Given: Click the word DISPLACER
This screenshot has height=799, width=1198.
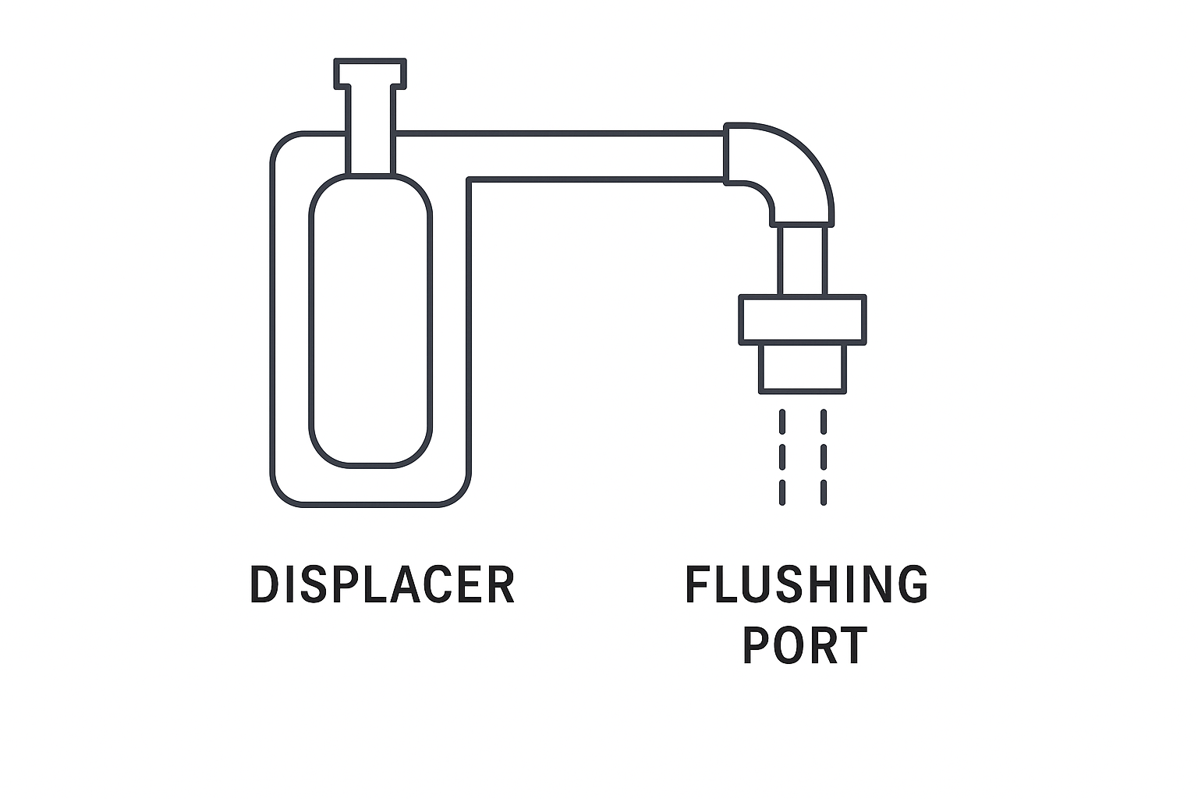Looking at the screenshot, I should click(382, 584).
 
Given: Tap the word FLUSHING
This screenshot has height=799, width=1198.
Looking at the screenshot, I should click(806, 584).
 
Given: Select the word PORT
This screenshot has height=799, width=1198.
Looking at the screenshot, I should click(805, 645).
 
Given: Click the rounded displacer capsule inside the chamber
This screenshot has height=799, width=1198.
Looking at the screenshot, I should click(370, 321).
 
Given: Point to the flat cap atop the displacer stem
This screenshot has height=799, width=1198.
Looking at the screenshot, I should click(370, 73).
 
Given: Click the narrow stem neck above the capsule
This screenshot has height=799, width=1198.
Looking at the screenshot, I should click(370, 130).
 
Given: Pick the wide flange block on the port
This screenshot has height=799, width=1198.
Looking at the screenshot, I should click(803, 319).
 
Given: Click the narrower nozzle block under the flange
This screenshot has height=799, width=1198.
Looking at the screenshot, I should click(803, 368).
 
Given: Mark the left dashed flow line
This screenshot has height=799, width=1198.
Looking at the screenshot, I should click(782, 457).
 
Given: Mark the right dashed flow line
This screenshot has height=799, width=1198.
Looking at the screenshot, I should click(824, 457).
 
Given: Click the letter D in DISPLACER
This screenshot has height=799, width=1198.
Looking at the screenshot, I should click(264, 584).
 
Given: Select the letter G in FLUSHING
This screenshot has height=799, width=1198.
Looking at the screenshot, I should click(913, 584).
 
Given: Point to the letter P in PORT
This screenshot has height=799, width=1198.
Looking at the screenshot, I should click(756, 645).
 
